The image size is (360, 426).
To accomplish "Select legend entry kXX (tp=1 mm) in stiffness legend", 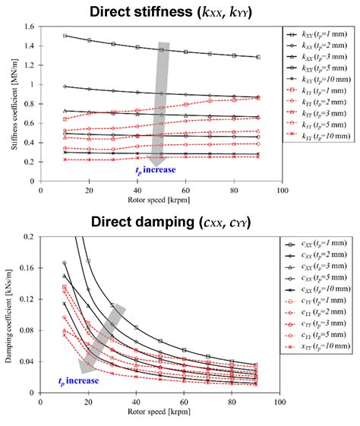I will [x=319, y=36].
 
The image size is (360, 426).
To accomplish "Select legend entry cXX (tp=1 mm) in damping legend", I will [x=319, y=248].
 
